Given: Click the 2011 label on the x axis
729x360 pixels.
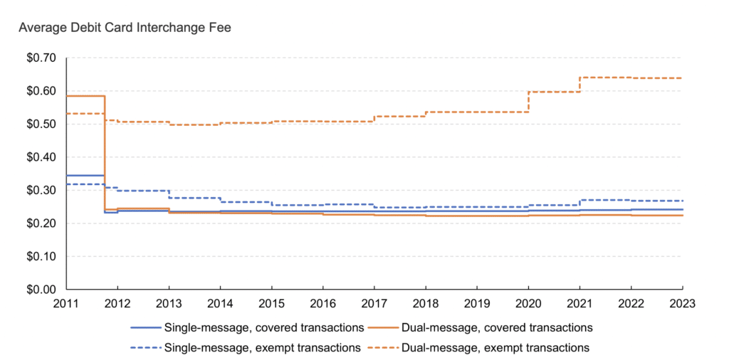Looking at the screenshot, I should tap(67, 303).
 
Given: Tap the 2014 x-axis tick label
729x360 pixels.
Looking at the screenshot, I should tap(221, 303).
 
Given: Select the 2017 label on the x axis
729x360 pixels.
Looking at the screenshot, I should tap(374, 303).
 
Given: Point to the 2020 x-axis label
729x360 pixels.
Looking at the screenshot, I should tap(528, 303).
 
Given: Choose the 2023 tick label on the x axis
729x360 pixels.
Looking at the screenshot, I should tap(681, 303).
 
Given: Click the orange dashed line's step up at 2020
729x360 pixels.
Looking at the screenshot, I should tap(528, 102).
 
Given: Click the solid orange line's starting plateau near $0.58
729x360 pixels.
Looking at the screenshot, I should tap(85, 96).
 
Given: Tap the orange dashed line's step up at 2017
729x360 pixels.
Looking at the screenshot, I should tap(374, 119).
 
